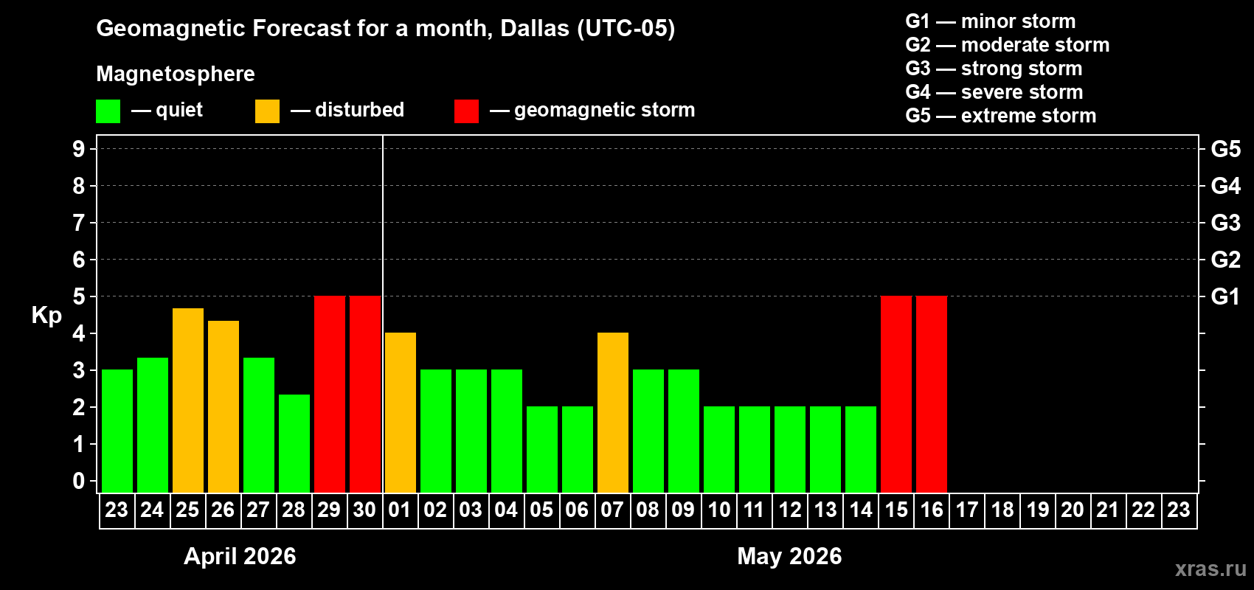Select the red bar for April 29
[x=330, y=395]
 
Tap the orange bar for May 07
[x=613, y=413]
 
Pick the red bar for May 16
[x=932, y=395]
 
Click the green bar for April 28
[x=294, y=443]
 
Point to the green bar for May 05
[x=542, y=449]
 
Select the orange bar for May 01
[x=401, y=413]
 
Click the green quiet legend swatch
[x=108, y=111]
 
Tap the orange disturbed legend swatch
[x=268, y=111]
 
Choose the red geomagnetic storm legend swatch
[x=467, y=111]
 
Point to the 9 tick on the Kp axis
[x=79, y=149]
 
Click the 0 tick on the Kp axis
[x=79, y=481]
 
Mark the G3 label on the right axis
[x=1225, y=223]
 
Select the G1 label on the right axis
[x=1225, y=296]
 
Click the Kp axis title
[x=46, y=315]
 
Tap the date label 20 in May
[x=1073, y=510]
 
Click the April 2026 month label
[x=240, y=556]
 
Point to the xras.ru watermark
[x=1210, y=569]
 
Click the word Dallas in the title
[x=535, y=29]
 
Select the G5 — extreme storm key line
[x=1001, y=116]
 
